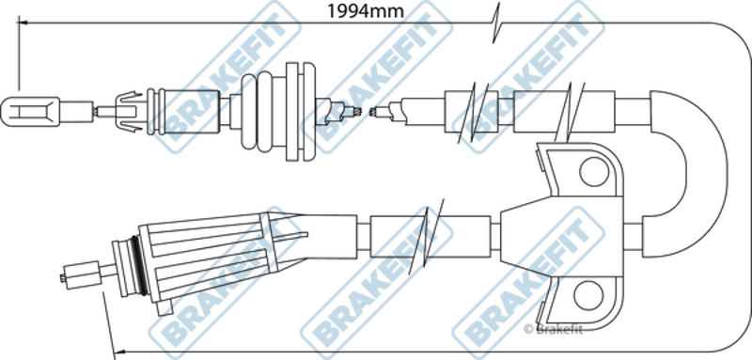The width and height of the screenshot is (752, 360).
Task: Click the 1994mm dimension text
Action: [365, 11]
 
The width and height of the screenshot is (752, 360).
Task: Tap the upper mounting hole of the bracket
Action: [594, 172]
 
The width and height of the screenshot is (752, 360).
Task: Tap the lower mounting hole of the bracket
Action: [588, 295]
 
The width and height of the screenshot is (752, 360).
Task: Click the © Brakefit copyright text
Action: [553, 329]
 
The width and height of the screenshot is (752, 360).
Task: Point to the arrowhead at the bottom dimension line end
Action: [120, 352]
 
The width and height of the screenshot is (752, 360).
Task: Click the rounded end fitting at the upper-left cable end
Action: [30, 112]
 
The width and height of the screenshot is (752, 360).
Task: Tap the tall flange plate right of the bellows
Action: [301, 111]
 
